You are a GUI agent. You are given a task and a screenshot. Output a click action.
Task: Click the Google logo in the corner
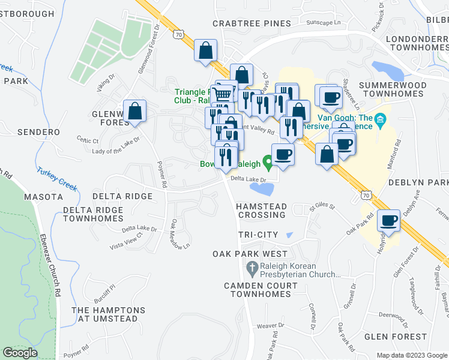point(20,353)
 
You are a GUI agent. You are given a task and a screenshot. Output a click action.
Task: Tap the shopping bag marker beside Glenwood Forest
point(135,111)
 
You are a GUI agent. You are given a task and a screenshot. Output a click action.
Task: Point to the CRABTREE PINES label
point(252,23)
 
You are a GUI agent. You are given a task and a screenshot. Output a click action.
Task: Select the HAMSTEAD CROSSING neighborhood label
point(265,210)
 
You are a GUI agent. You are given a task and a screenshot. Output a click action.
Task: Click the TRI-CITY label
point(259,234)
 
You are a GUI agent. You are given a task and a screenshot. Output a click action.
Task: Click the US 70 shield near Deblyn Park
point(367,194)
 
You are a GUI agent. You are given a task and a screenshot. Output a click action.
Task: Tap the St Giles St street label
point(322,208)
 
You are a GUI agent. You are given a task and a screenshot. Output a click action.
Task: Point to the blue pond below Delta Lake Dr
point(262,190)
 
